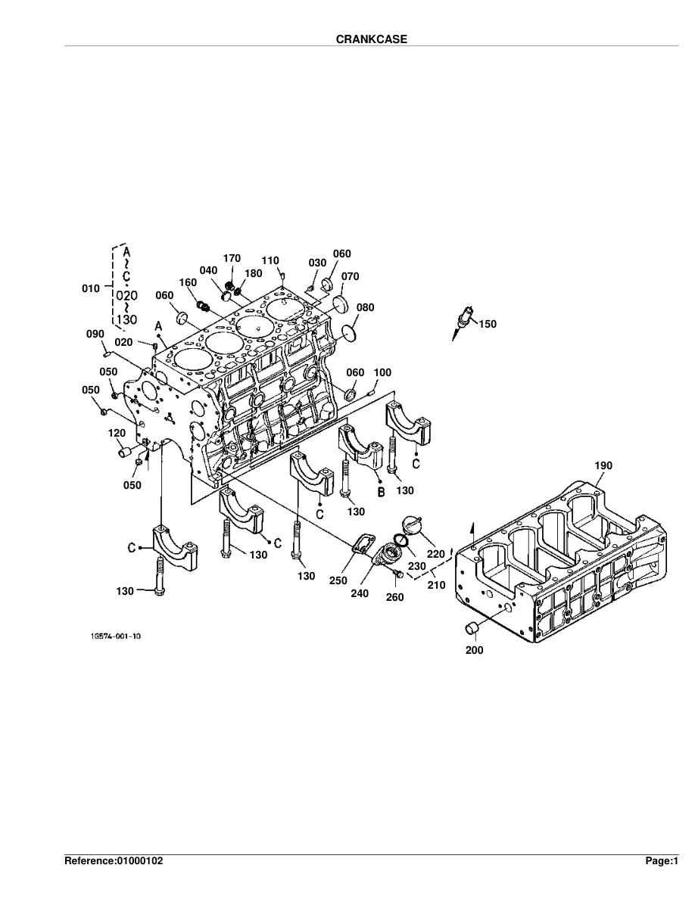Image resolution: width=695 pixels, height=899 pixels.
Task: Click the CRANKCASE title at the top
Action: tap(372, 39)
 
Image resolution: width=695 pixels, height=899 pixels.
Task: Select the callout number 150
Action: tap(488, 324)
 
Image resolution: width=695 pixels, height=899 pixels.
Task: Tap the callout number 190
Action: tap(603, 465)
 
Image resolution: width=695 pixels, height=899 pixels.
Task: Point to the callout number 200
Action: tap(474, 650)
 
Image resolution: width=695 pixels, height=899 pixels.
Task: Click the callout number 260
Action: tap(394, 597)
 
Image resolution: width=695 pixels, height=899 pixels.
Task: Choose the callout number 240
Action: tap(360, 593)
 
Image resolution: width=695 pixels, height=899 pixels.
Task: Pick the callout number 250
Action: tap(338, 580)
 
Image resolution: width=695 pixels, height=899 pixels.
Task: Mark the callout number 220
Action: tap(436, 554)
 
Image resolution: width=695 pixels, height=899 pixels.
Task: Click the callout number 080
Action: tap(365, 307)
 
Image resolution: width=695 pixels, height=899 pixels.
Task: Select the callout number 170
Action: tap(232, 259)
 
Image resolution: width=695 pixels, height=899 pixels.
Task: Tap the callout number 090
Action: tap(95, 334)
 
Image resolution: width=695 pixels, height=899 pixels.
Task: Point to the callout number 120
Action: tap(117, 434)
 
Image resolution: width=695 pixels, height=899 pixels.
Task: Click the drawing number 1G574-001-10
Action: tap(115, 636)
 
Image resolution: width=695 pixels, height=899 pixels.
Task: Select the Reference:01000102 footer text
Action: tap(114, 860)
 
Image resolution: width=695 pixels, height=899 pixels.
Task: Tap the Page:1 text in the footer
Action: tap(662, 860)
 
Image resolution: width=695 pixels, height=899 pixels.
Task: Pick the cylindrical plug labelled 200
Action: tap(472, 628)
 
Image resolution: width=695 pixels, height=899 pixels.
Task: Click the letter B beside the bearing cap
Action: tap(381, 492)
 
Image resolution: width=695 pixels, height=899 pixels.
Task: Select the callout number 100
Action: tap(382, 372)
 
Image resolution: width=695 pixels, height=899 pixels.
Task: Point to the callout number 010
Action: tap(91, 288)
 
